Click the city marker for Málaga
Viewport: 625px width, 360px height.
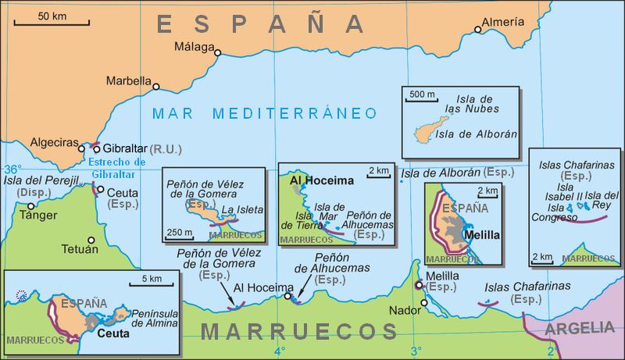(218, 53)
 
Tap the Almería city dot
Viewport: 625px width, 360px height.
(478, 31)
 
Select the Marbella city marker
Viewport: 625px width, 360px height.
(156, 87)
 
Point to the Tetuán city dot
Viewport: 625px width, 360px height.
(91, 241)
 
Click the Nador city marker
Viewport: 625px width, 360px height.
(424, 302)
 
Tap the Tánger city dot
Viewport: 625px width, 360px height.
(31, 206)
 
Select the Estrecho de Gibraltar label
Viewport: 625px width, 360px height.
(119, 168)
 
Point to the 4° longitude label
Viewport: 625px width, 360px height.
(279, 351)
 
